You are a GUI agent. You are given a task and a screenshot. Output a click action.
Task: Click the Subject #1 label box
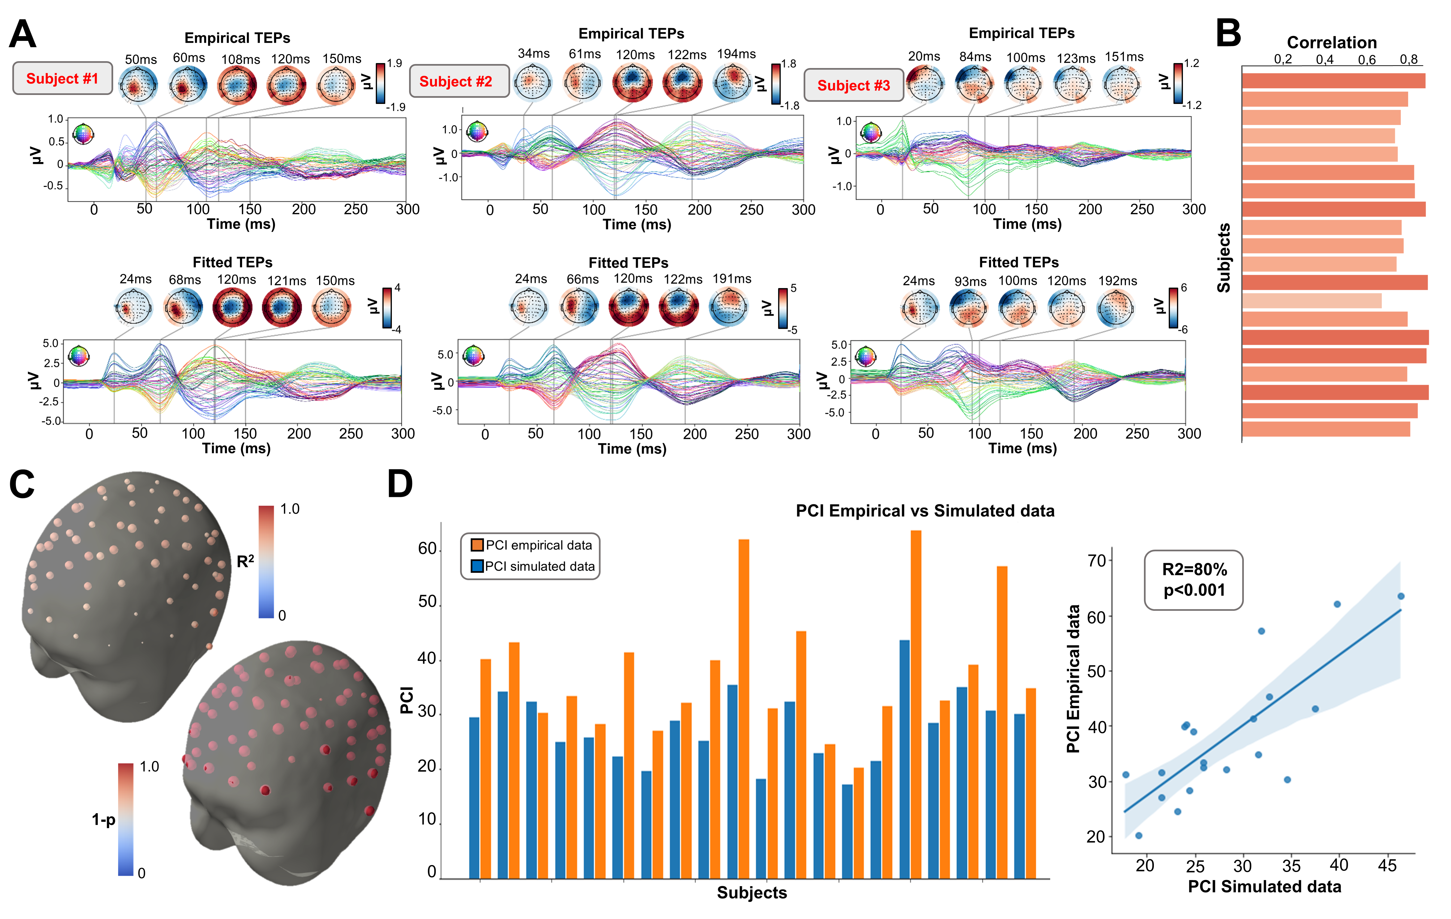tap(62, 78)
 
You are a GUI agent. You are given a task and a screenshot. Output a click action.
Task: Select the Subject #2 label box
tap(456, 81)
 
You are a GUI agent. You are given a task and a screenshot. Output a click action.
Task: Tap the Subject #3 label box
tap(853, 85)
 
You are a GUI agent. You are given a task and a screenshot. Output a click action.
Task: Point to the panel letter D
tap(399, 484)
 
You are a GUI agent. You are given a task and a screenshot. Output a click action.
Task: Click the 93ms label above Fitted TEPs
tap(970, 282)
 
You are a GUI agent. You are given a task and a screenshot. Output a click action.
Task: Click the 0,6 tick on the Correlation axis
tap(1367, 59)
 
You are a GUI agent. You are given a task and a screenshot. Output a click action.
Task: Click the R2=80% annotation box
tap(1194, 580)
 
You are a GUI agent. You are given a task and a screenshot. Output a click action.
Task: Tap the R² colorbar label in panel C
tap(245, 562)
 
